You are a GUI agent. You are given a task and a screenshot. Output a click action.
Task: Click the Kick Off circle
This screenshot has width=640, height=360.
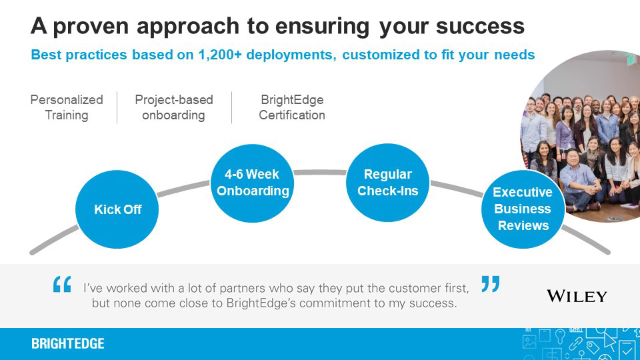pyautogui.click(x=118, y=209)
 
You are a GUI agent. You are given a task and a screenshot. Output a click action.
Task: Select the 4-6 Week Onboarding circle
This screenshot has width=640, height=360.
pyautogui.click(x=253, y=183)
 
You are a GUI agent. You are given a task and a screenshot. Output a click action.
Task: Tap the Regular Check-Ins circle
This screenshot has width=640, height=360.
pyautogui.click(x=387, y=183)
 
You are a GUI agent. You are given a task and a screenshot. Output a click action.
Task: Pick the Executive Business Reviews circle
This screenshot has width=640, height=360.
pyautogui.click(x=523, y=209)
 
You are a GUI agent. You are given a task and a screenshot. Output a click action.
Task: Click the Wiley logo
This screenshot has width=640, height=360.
pyautogui.click(x=577, y=295)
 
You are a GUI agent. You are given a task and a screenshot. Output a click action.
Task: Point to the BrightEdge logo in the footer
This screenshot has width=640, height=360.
pyautogui.click(x=68, y=344)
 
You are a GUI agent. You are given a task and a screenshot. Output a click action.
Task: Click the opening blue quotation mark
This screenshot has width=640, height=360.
pyautogui.click(x=62, y=285)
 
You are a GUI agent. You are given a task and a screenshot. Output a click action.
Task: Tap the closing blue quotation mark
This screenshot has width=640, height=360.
pyautogui.click(x=490, y=285)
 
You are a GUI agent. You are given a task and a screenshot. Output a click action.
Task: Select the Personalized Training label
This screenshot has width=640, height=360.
pyautogui.click(x=67, y=107)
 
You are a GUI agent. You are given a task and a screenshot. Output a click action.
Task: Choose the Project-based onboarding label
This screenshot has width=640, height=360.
pyautogui.click(x=174, y=107)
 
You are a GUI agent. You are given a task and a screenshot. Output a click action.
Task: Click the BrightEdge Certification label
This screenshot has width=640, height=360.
pyautogui.click(x=292, y=107)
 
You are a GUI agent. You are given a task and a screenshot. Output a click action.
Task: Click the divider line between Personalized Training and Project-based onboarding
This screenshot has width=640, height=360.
pyautogui.click(x=117, y=107)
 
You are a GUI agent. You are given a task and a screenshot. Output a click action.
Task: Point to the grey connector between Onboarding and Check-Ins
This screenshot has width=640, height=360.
pyautogui.click(x=320, y=173)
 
